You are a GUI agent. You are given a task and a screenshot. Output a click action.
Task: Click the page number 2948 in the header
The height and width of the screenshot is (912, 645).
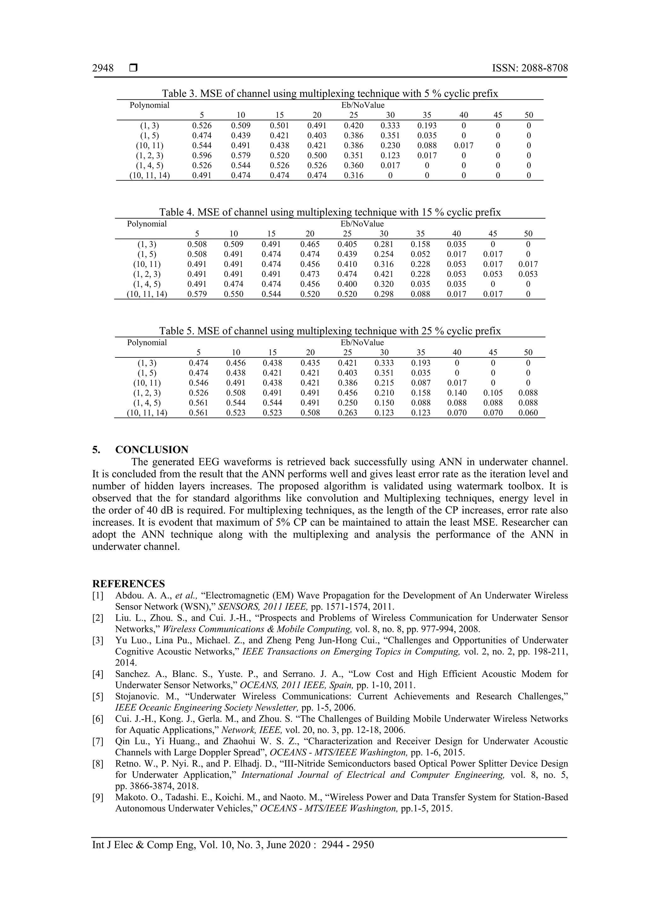(103, 68)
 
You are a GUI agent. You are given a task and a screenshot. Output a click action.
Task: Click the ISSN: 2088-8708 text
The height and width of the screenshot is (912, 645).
(530, 68)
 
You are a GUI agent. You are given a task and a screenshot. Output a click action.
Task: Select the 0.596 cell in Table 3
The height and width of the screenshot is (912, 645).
(202, 156)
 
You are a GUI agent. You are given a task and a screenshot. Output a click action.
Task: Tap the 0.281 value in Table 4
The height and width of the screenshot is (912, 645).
(384, 244)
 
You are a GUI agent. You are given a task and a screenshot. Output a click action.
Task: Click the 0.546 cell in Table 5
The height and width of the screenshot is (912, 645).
(198, 383)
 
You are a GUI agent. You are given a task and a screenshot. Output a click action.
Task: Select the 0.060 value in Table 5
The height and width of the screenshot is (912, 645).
(528, 413)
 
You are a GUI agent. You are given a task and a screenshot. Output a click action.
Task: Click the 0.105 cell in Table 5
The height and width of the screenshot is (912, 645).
(493, 393)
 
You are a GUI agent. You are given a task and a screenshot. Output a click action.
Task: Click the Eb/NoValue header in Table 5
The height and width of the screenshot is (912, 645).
(362, 342)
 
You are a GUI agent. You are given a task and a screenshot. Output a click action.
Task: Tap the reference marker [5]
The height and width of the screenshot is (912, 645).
(98, 696)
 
